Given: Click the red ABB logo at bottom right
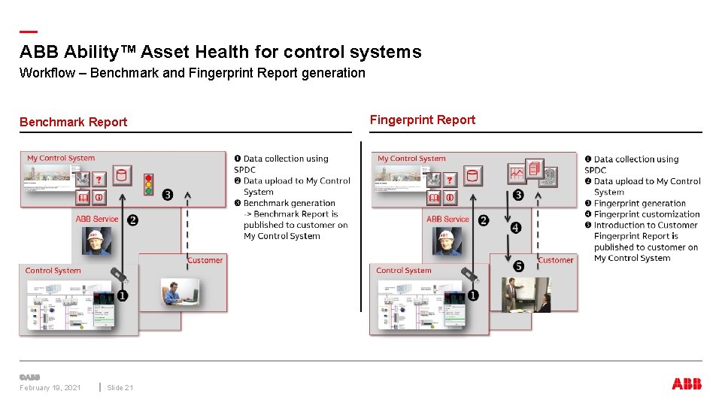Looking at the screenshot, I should click(x=686, y=384).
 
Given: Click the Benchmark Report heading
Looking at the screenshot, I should click(x=73, y=122).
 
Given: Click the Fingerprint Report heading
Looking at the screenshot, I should click(x=423, y=120).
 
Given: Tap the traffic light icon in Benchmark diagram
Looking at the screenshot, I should click(x=148, y=181).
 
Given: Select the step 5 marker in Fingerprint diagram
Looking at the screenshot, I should click(x=519, y=266).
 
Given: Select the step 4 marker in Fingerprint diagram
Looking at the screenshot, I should click(x=515, y=227).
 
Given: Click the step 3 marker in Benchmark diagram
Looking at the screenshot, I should click(x=167, y=195).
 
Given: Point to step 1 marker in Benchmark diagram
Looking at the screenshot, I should click(x=122, y=295).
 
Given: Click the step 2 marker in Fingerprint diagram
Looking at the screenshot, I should click(x=484, y=220).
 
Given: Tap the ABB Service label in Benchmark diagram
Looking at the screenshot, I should click(x=97, y=219).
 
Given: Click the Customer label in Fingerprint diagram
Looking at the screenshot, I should click(x=556, y=260).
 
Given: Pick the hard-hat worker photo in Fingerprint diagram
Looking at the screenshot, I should click(x=447, y=241).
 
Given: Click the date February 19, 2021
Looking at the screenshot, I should click(x=50, y=387).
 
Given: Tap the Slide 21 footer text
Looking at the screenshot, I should click(x=120, y=387).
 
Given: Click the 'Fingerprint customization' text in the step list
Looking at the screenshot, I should click(x=646, y=214).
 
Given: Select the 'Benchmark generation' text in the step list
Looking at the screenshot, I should click(x=289, y=203).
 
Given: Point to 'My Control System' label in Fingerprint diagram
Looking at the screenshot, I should click(x=411, y=159).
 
